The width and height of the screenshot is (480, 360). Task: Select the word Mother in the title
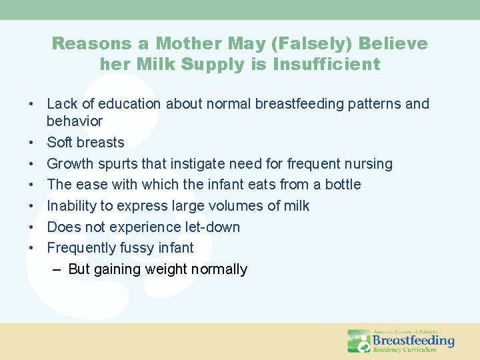coord(202,44)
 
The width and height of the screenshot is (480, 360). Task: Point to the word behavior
coord(75,121)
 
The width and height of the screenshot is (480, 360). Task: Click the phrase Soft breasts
coord(85,143)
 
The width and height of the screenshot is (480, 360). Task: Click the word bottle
coord(343,185)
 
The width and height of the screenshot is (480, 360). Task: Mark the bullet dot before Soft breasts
coord(31,143)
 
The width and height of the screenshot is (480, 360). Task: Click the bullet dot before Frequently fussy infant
coord(31,248)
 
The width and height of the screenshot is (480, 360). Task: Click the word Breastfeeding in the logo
coord(413,341)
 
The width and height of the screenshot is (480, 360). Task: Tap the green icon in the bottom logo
coord(359,341)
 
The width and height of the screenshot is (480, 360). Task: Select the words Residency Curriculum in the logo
coord(404,350)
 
